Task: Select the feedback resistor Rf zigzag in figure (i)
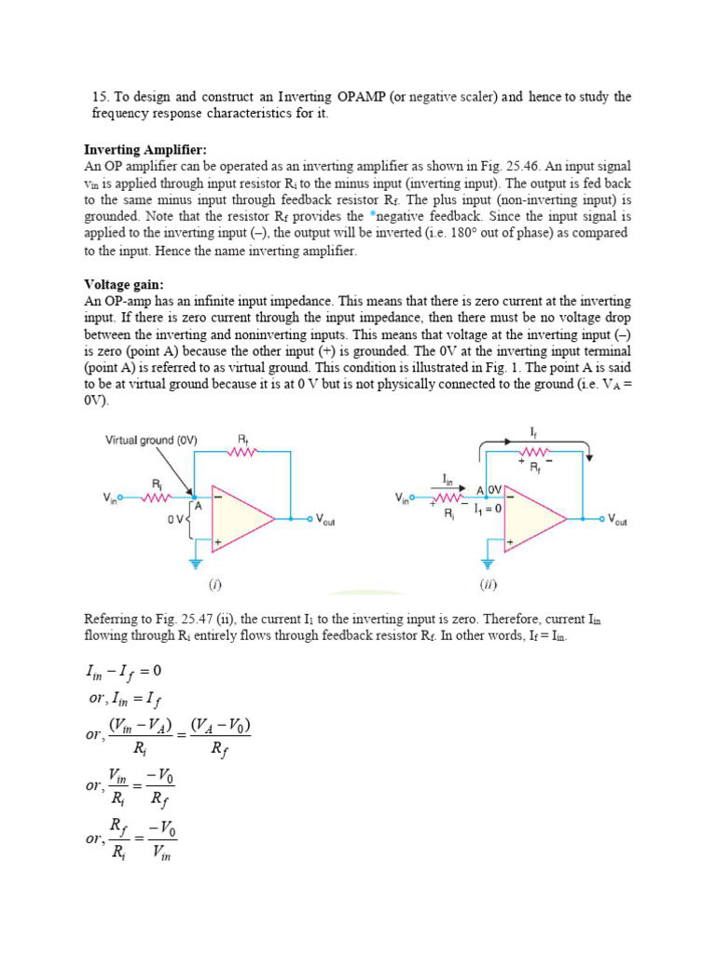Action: pyautogui.click(x=243, y=452)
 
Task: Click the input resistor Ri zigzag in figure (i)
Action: pyautogui.click(x=157, y=497)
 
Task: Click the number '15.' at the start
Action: pyautogui.click(x=102, y=97)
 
